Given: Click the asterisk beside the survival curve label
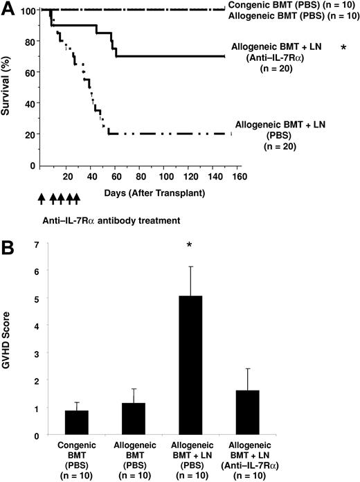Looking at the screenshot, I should point(343,48).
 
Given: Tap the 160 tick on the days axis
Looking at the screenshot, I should point(240,177).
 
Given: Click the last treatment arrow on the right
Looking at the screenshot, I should point(77,199).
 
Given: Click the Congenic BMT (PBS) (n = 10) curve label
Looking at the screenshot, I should point(290,6).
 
